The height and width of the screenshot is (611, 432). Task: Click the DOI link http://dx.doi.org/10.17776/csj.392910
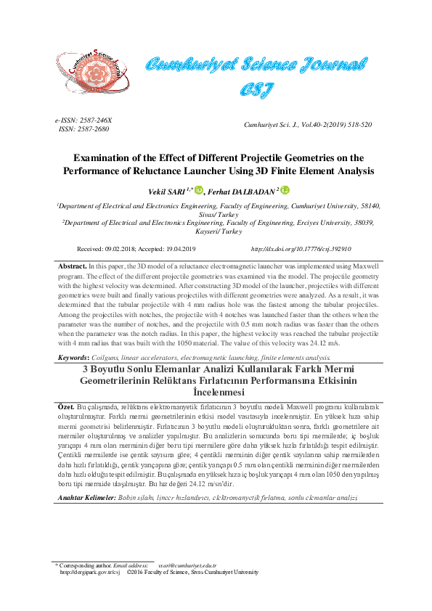coord(301,249)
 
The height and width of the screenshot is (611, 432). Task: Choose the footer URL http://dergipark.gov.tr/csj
coord(90,572)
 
